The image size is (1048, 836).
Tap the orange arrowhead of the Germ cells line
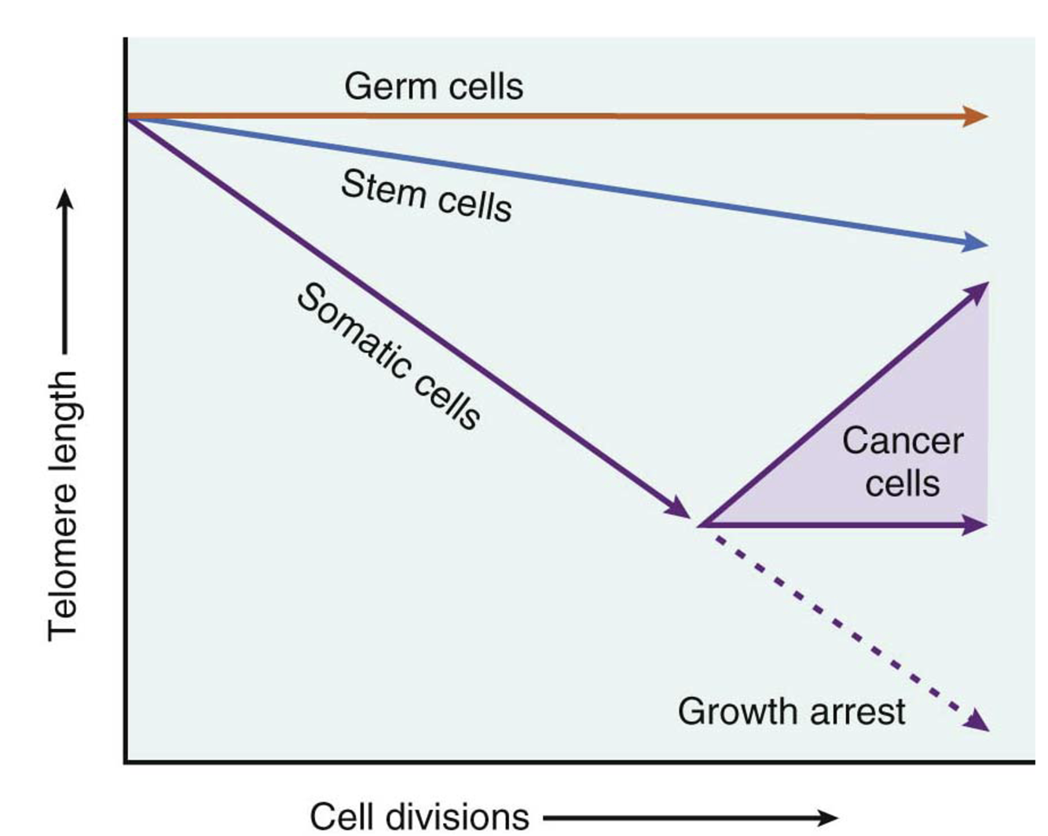(976, 116)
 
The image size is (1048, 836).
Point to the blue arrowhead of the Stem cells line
(976, 243)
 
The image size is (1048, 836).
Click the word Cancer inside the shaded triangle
(903, 440)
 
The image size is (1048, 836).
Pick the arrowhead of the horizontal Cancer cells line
(976, 524)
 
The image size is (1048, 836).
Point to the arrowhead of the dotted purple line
(979, 721)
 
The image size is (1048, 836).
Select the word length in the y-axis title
(63, 417)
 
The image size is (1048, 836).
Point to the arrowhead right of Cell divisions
(828, 818)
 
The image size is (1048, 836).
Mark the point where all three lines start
(128, 117)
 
